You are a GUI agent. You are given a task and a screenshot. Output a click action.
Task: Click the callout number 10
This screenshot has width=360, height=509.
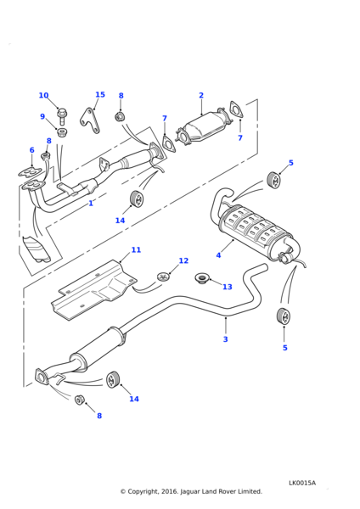tap(43, 95)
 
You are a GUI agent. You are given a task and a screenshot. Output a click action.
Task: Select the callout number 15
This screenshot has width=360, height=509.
tap(100, 94)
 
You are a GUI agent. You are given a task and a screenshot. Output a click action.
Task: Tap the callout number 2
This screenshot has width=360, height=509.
tap(201, 95)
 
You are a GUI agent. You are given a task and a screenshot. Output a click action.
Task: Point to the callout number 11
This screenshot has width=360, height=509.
tap(136, 249)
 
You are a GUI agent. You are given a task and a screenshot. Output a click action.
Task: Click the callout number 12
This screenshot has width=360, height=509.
tap(183, 260)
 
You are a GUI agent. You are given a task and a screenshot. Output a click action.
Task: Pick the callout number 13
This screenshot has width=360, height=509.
tap(228, 287)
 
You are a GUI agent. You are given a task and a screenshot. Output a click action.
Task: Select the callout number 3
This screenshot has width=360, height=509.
tap(226, 339)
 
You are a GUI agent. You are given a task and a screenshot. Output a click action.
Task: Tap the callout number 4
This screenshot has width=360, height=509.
tap(218, 255)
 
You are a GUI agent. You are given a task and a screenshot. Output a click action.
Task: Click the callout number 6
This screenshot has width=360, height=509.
tap(32, 150)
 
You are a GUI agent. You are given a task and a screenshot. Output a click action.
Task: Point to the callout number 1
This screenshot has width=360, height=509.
tap(91, 204)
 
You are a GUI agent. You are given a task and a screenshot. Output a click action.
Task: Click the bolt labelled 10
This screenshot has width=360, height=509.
tap(62, 116)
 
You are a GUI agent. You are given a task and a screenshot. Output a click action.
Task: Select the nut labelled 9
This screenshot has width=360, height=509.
tap(62, 132)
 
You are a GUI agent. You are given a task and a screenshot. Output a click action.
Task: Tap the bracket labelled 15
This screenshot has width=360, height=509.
tap(90, 121)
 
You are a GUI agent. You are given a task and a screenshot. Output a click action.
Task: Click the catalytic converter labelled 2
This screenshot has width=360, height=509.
tap(204, 127)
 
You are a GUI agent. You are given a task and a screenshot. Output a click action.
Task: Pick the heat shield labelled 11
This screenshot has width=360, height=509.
tap(93, 289)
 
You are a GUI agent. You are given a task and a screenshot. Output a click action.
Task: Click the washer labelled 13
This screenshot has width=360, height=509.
tap(202, 279)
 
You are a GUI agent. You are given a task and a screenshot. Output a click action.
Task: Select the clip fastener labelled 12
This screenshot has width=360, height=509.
tap(164, 277)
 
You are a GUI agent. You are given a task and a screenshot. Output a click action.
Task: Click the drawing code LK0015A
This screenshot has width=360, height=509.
tap(302, 483)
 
